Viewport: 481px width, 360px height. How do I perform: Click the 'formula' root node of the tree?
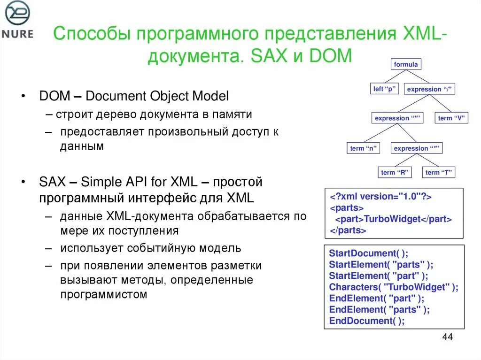pyautogui.click(x=406, y=64)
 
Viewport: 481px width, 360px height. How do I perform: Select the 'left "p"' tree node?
pyautogui.click(x=384, y=89)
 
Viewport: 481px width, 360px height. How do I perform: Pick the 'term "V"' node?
pyautogui.click(x=451, y=118)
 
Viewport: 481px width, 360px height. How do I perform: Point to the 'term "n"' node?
pyautogui.click(x=363, y=148)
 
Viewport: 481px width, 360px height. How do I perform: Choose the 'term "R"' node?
pyautogui.click(x=395, y=173)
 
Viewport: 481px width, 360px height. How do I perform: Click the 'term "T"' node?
pyautogui.click(x=439, y=173)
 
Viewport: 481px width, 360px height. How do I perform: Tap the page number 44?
pyautogui.click(x=447, y=337)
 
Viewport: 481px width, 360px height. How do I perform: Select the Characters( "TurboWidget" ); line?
pyautogui.click(x=394, y=287)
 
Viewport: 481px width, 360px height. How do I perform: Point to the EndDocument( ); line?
pyautogui.click(x=367, y=321)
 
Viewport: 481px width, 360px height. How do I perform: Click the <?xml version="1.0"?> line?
pyautogui.click(x=380, y=197)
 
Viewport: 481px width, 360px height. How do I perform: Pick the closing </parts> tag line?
pyautogui.click(x=348, y=230)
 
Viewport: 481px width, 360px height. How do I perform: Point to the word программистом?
pyautogui.click(x=103, y=295)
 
